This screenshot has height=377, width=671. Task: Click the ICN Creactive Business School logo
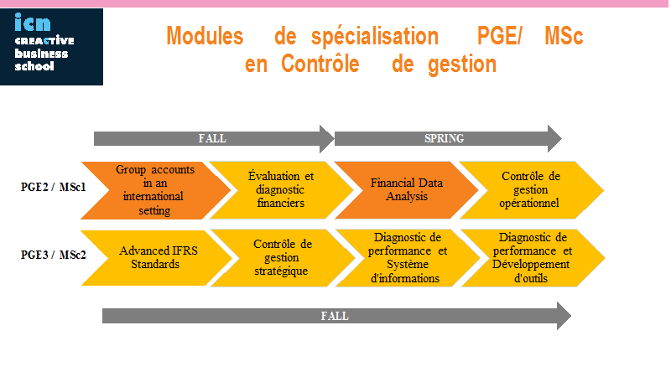pyautogui.click(x=51, y=47)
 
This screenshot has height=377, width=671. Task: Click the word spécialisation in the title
pyautogui.click(x=375, y=37)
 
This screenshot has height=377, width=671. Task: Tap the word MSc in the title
pyautogui.click(x=564, y=35)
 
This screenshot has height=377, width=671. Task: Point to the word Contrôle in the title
pyautogui.click(x=320, y=64)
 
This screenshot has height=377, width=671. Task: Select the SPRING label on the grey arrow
pyautogui.click(x=445, y=138)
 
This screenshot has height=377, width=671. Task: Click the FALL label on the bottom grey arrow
pyautogui.click(x=335, y=316)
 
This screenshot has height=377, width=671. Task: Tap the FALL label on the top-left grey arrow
pyautogui.click(x=212, y=138)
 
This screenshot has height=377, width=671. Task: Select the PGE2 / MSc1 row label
pyautogui.click(x=54, y=187)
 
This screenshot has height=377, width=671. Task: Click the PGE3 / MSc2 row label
pyautogui.click(x=54, y=255)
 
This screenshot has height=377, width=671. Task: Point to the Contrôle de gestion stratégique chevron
pyautogui.click(x=283, y=258)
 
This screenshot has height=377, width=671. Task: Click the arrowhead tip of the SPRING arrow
pyautogui.click(x=561, y=138)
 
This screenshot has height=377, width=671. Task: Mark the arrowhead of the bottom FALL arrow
pyautogui.click(x=564, y=316)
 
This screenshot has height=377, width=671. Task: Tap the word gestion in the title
pyautogui.click(x=462, y=65)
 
